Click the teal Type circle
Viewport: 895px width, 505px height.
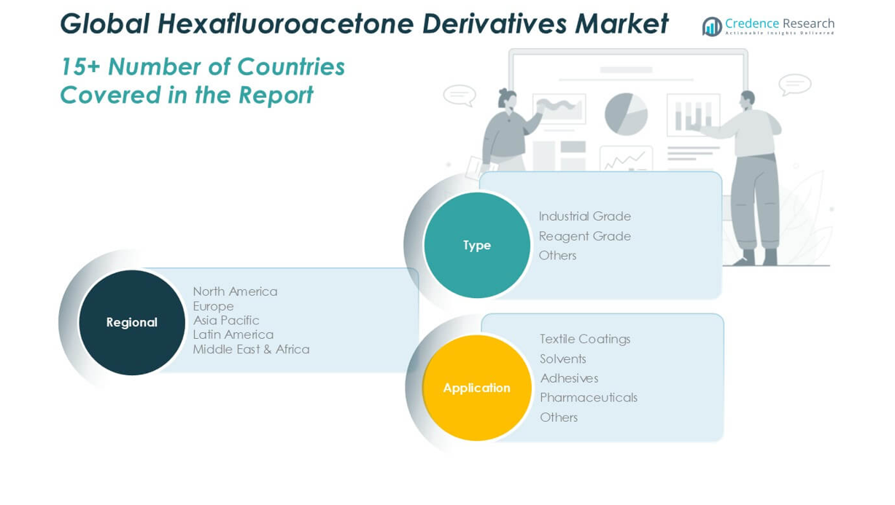tap(476, 245)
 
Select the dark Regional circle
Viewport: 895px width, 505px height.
tap(132, 323)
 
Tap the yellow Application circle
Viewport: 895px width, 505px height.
tap(476, 388)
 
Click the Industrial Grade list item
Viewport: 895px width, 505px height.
tap(584, 216)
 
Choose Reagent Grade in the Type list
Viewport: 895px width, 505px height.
tap(584, 236)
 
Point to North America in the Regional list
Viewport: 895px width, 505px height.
tap(235, 291)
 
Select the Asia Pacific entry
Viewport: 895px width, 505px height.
tap(225, 320)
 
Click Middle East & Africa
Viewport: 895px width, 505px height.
tap(251, 349)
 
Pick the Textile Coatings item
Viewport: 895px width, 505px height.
tap(585, 340)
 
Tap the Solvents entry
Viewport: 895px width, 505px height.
tap(562, 359)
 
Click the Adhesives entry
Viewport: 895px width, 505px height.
tap(569, 378)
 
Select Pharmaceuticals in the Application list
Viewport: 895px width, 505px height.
tap(589, 398)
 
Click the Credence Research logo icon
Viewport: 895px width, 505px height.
tap(712, 27)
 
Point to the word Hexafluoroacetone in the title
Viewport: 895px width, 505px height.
tap(286, 23)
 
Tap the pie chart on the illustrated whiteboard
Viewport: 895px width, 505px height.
tap(626, 114)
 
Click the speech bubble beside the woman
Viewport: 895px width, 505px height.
tap(460, 95)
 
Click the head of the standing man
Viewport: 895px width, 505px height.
tap(747, 101)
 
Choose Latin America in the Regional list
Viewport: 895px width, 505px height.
tap(233, 334)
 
